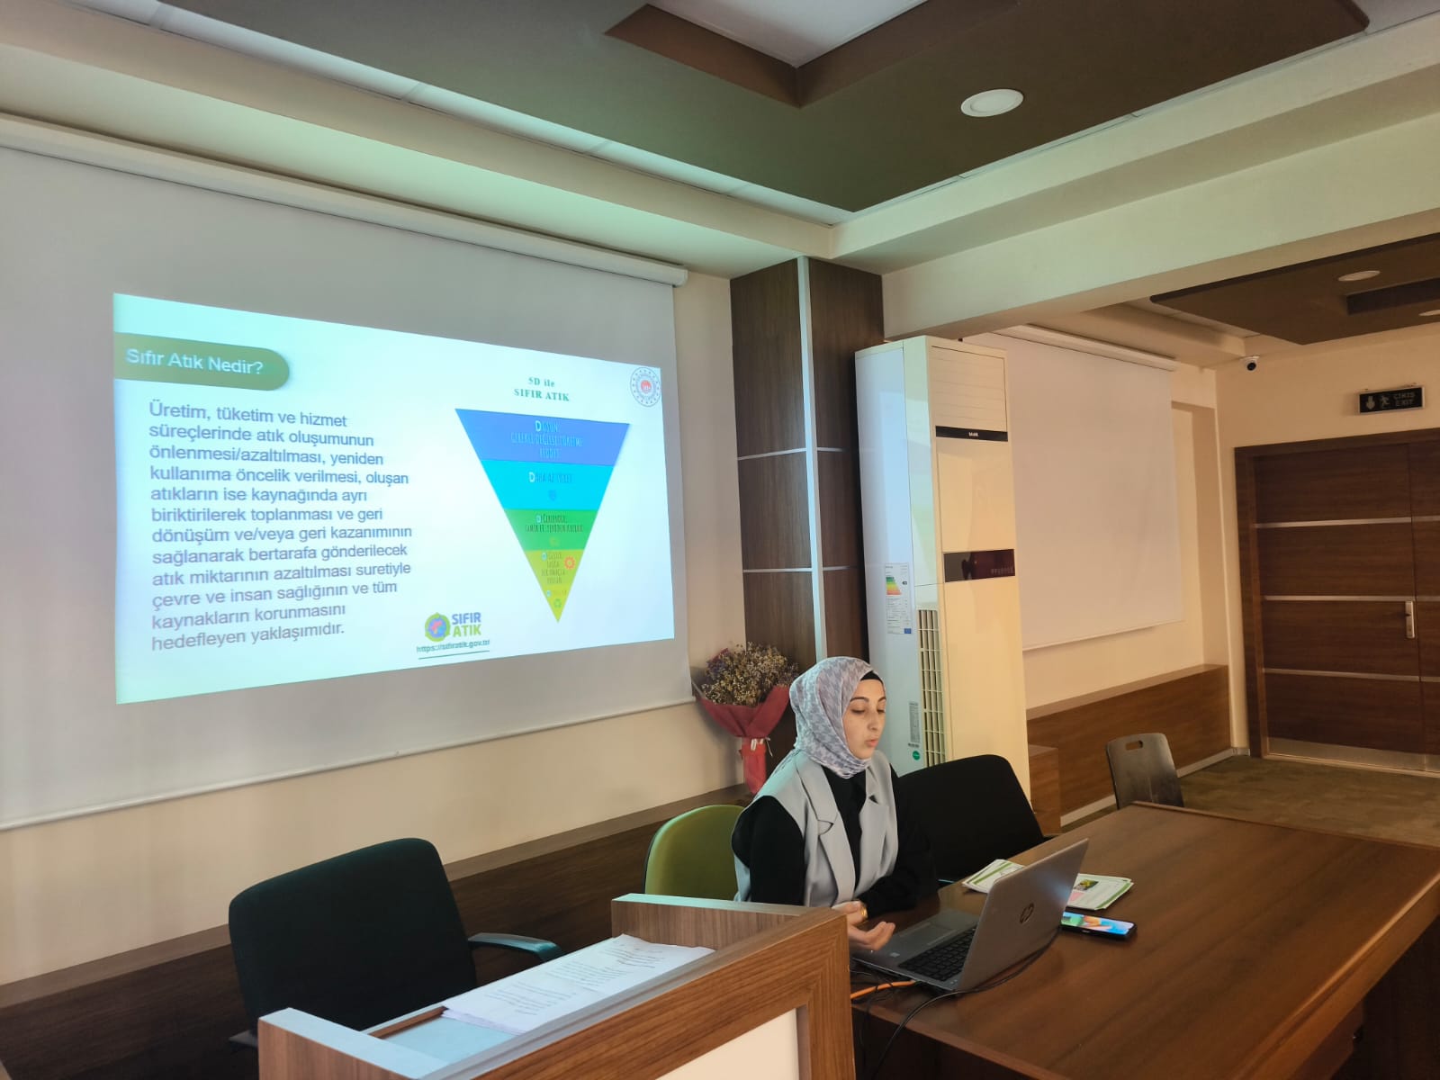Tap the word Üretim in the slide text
coord(179,409)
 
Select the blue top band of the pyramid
coord(542,436)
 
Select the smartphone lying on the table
coord(1097,922)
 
